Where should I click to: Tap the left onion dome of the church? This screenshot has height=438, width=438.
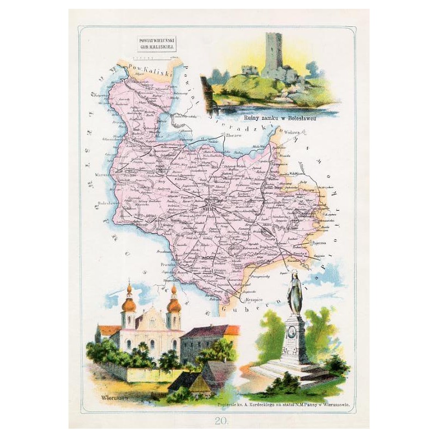coord(129,304)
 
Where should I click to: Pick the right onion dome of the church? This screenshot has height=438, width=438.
coord(174,304)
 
